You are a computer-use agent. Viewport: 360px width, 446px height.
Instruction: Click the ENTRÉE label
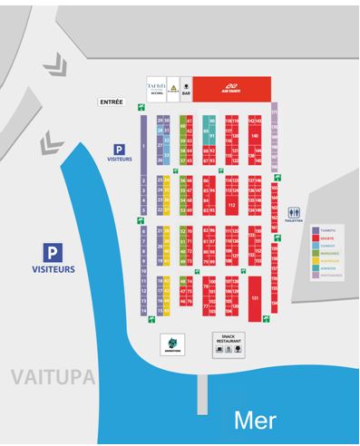point(111,102)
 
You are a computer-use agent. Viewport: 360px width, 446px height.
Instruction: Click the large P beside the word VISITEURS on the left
point(55,253)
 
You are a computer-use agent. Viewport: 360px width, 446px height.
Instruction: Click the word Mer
point(256,419)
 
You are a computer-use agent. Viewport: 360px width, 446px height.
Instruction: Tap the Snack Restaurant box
point(222,344)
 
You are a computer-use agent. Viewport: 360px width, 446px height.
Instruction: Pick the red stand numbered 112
point(232,205)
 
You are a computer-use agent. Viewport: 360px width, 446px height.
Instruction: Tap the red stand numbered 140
point(255,137)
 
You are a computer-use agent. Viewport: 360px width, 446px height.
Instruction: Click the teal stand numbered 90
point(212,121)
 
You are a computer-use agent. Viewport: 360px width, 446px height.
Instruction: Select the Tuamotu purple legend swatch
point(315,230)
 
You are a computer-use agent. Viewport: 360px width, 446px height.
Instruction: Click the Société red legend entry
point(324,238)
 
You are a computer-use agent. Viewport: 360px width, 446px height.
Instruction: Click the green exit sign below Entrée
point(141,108)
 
